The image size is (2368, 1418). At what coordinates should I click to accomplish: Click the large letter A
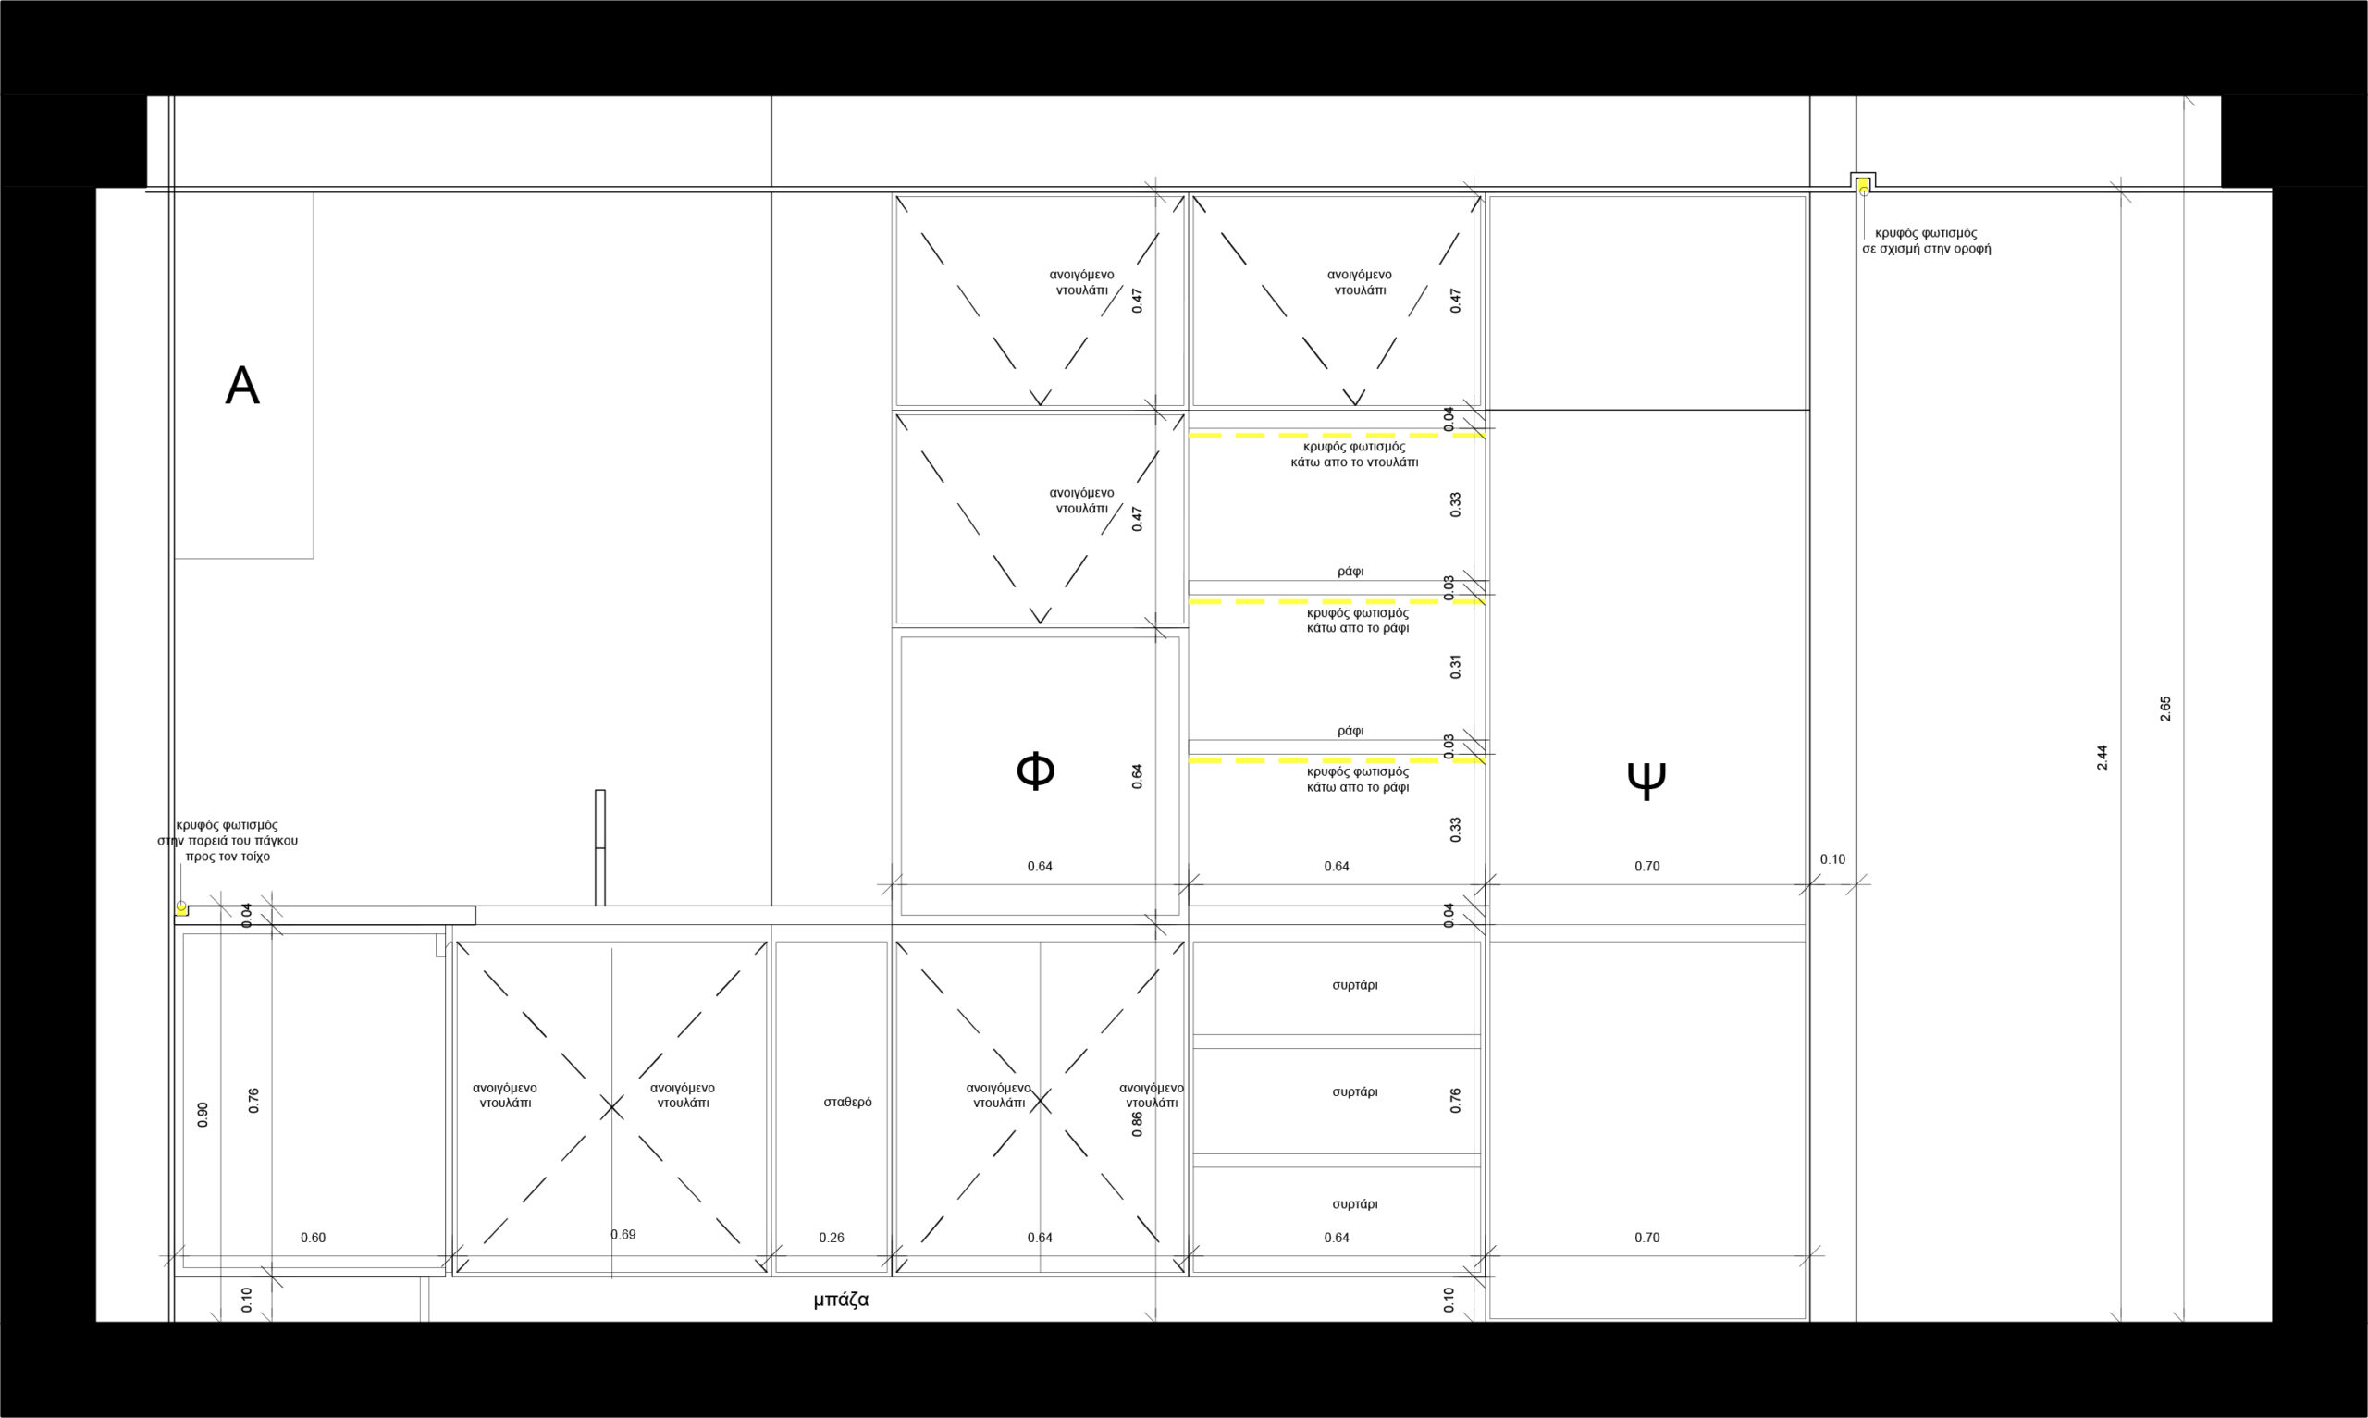[x=241, y=386]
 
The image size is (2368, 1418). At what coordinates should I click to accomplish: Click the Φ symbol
[x=1035, y=771]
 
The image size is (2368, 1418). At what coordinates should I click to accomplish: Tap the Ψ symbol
[x=1646, y=779]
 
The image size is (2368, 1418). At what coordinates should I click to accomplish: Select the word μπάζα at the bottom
[x=841, y=1300]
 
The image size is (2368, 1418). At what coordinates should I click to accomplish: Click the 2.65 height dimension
[x=2165, y=708]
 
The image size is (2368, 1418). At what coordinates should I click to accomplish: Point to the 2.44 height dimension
[x=2103, y=758]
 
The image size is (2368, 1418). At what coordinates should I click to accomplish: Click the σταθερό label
[x=847, y=1102]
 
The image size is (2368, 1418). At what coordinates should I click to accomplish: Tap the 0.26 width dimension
[x=831, y=1238]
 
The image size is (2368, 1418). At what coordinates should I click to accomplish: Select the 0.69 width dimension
[x=623, y=1235]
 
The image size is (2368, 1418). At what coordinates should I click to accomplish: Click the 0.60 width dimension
[x=313, y=1238]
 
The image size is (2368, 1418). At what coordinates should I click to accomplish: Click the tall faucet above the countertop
[x=600, y=847]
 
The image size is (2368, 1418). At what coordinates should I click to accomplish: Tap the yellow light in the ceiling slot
[x=1863, y=185]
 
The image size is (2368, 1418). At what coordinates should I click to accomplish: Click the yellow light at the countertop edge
[x=180, y=907]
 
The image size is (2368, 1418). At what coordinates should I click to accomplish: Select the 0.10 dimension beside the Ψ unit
[x=1832, y=859]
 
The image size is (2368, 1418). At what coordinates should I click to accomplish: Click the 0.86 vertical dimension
[x=1137, y=1124]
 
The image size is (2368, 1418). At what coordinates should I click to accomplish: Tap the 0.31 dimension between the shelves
[x=1456, y=667]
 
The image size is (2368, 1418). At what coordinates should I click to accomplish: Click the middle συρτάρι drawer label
[x=1354, y=1091]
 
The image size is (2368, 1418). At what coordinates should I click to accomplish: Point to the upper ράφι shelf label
[x=1350, y=572]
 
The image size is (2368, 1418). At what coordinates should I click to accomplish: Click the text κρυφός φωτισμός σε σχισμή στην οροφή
[x=1926, y=240]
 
